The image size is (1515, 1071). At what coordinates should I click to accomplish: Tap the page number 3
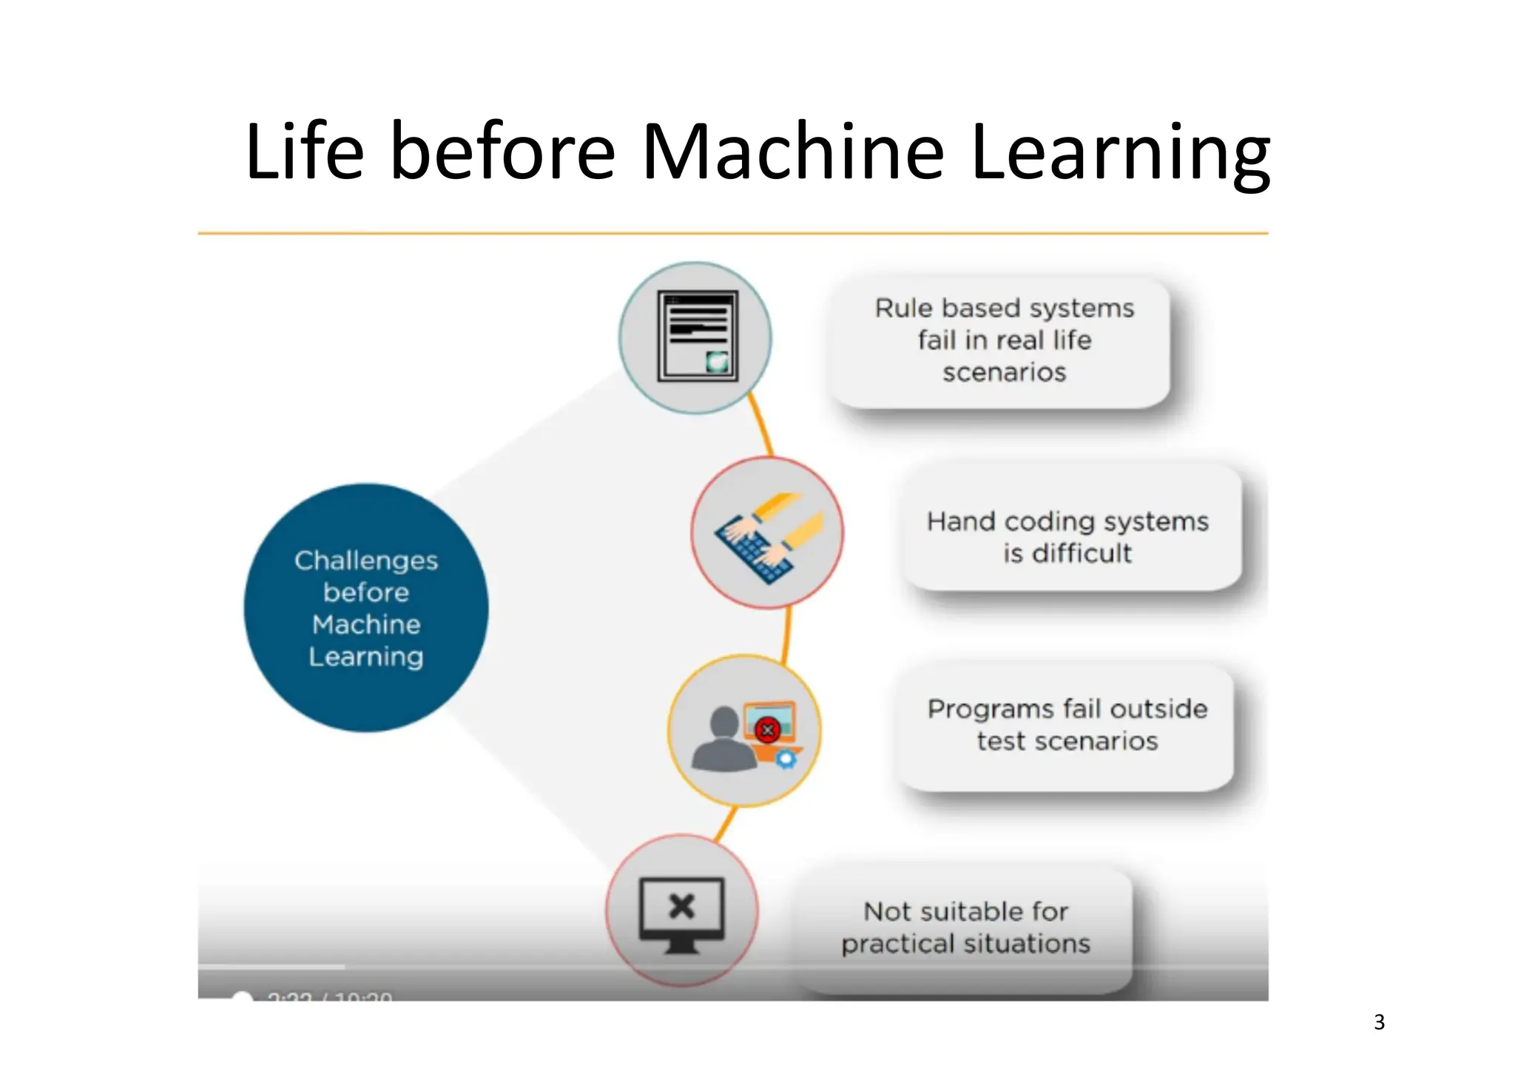1379,1021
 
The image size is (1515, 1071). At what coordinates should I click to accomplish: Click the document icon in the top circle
697,337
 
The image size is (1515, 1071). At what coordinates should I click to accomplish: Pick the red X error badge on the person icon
768,731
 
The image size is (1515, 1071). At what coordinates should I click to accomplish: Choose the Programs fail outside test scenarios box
1066,726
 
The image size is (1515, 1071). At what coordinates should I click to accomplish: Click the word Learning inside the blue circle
366,657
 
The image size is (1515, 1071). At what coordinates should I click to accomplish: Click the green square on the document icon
717,362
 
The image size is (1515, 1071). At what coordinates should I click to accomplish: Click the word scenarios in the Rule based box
1004,372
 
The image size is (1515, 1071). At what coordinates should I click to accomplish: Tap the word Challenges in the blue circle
366,561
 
